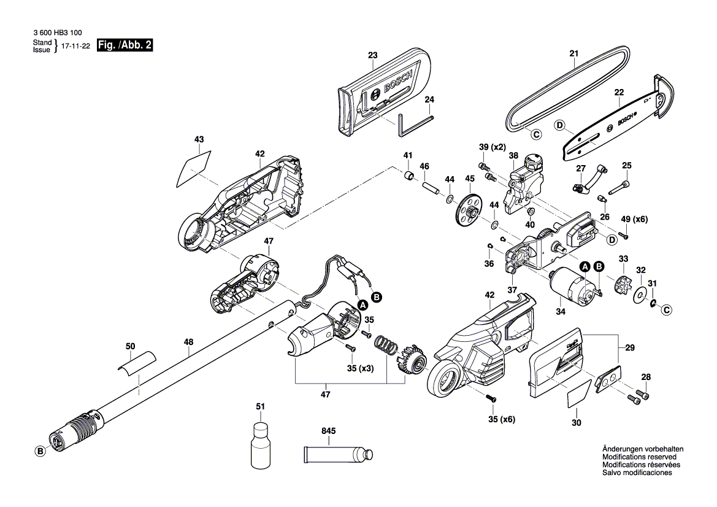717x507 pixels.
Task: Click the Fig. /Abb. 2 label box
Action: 125,46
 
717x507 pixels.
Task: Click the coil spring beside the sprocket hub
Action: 385,346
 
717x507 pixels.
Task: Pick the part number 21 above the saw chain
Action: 573,54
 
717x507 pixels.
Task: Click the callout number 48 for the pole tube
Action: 188,341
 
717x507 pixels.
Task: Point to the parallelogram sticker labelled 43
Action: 194,166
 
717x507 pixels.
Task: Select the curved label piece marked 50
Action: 136,363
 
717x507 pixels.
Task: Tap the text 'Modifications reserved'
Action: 639,457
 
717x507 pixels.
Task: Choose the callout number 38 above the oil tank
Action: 513,156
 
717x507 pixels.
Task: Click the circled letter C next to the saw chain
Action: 535,134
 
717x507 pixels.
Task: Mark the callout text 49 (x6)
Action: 634,219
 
